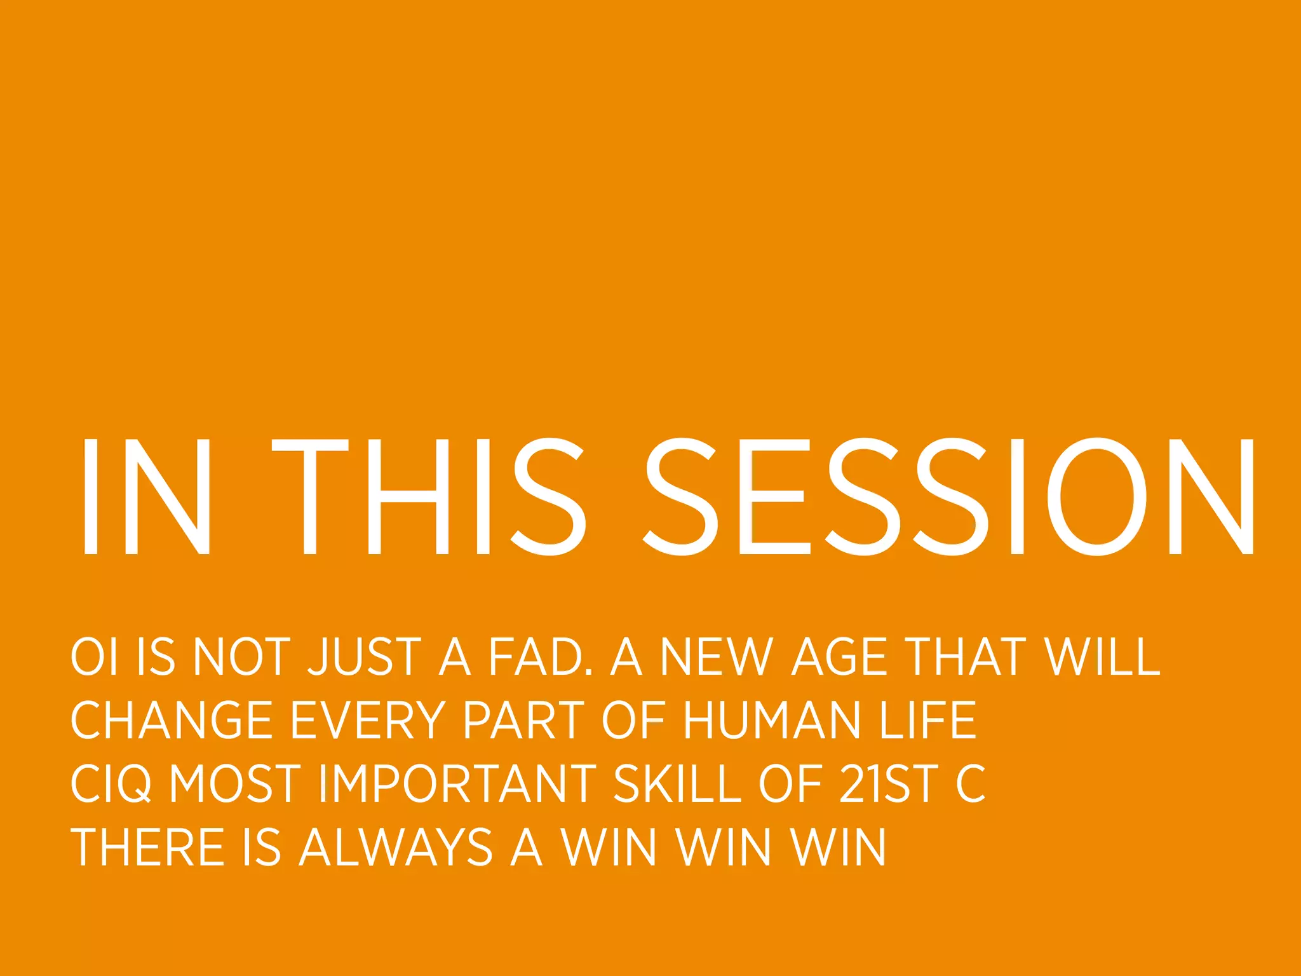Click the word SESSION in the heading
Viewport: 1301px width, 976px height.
(950, 497)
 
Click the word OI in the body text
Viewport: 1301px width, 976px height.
(94, 656)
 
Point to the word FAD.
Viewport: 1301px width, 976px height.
(540, 656)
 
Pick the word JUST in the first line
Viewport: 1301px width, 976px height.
(365, 656)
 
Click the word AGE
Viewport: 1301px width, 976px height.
(839, 656)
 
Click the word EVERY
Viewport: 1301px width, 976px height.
(368, 720)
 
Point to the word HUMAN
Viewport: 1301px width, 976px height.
(772, 720)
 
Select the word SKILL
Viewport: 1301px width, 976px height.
(677, 783)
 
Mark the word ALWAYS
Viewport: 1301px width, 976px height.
(396, 847)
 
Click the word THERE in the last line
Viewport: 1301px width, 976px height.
(147, 847)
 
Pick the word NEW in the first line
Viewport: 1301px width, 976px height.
(717, 656)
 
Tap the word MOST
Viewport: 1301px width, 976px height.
(234, 783)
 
